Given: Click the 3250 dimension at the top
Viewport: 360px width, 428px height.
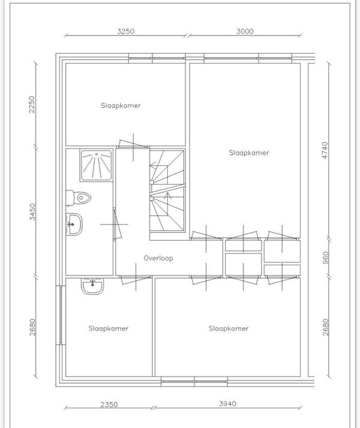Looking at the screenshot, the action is (x=126, y=31).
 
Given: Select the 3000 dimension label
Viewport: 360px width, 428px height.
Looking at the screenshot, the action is (x=245, y=31).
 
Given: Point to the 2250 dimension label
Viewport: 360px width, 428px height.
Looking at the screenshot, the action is (x=32, y=104).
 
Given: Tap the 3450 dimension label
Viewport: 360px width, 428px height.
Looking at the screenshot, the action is (x=32, y=212).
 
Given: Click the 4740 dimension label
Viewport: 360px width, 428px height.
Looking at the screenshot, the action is (x=325, y=150).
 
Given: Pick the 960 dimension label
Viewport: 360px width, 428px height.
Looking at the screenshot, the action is (x=325, y=258).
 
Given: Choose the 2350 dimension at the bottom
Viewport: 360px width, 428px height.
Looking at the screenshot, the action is (x=109, y=404).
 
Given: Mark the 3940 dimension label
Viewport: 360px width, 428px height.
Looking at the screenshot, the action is (x=227, y=403).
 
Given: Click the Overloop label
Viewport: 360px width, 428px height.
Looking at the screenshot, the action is (x=158, y=258).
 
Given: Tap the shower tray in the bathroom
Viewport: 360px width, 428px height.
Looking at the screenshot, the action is (x=97, y=166).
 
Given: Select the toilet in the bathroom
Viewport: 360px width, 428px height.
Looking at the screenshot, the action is (x=79, y=197).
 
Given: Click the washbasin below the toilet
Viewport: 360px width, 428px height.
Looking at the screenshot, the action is (x=74, y=224).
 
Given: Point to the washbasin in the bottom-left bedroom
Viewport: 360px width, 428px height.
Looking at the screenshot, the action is (x=92, y=286).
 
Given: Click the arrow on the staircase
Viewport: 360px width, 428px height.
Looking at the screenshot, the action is (x=167, y=196).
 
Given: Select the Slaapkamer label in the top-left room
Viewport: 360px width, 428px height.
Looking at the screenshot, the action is (x=121, y=106).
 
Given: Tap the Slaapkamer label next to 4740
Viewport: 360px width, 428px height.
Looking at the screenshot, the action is (x=249, y=153).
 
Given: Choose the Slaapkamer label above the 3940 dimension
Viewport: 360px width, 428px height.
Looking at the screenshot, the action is (x=229, y=328).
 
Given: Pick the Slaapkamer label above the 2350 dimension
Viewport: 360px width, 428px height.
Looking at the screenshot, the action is (x=109, y=328).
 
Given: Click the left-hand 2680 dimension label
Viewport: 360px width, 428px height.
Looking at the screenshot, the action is (x=32, y=327).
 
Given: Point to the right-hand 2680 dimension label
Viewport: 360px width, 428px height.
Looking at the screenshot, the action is (x=325, y=327).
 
